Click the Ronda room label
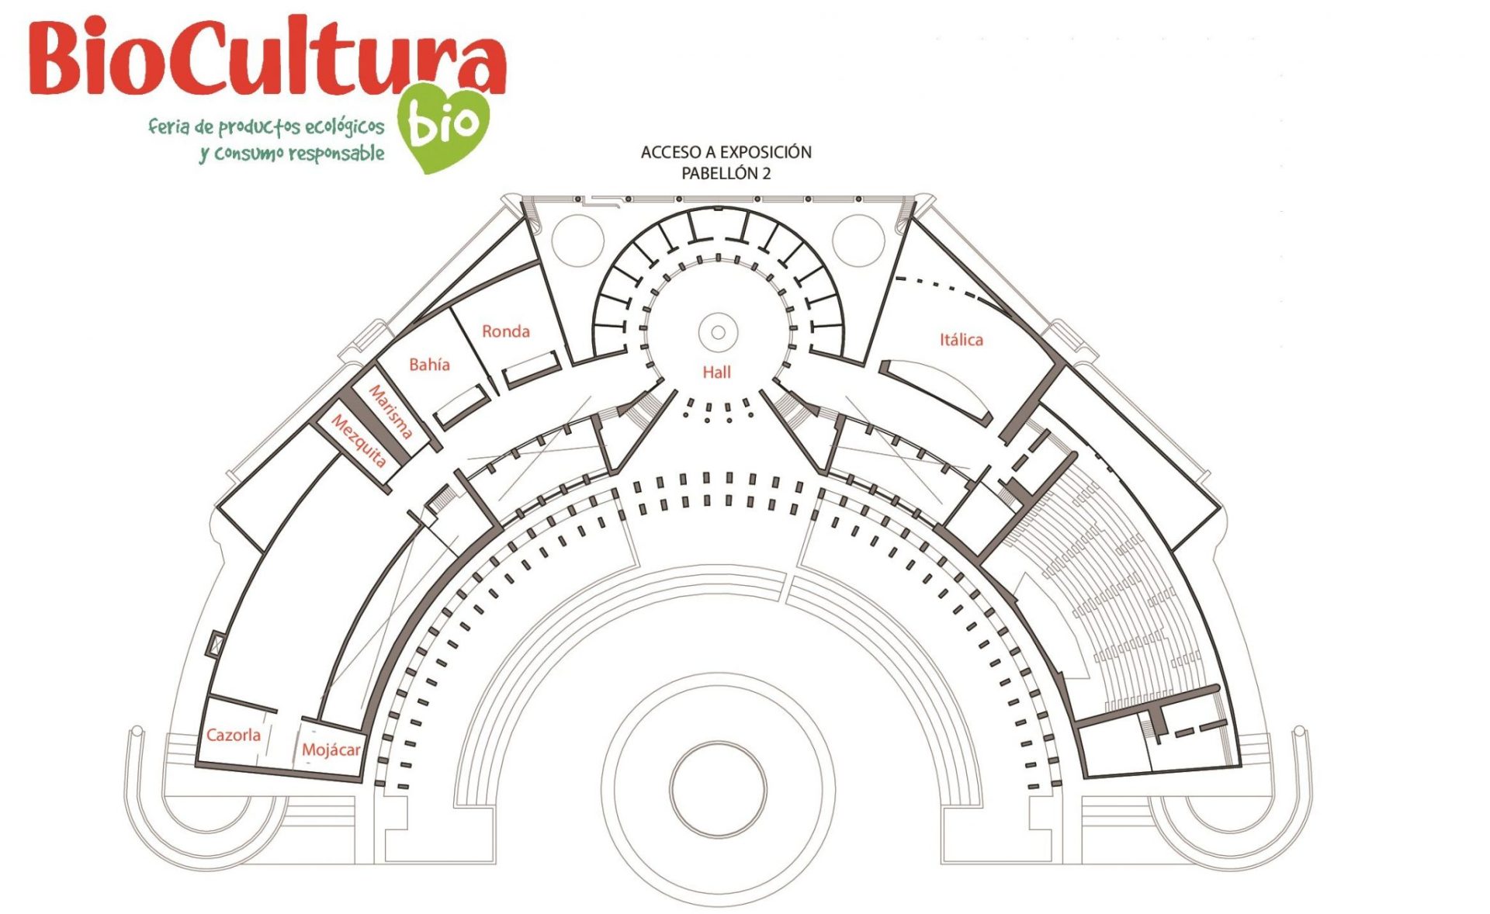pos(505,331)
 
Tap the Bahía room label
pos(429,364)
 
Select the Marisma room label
pos(390,411)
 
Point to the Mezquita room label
pos(359,440)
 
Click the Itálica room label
pos(961,339)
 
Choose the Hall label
pos(716,372)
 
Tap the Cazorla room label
pos(233,735)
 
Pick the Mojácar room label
pos(331,750)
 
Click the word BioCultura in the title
pos(268,58)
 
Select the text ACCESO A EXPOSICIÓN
pos(726,152)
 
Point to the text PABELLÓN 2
pos(726,173)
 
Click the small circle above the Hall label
pos(718,333)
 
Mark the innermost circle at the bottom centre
pos(718,788)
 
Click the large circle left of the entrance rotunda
pos(577,241)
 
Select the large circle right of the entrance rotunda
pos(858,241)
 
